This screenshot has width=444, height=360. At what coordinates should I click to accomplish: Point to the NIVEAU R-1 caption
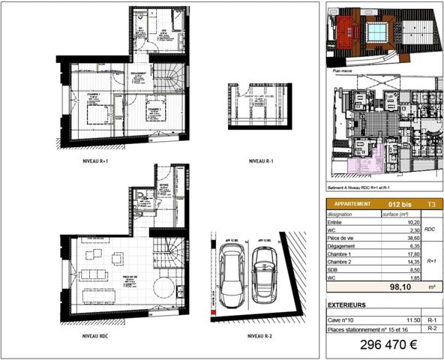261,161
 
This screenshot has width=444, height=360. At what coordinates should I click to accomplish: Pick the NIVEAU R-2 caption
259,336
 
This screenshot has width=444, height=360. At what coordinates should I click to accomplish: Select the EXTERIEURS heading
348,306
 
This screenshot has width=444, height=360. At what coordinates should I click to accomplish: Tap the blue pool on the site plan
375,32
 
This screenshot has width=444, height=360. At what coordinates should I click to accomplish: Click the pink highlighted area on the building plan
367,161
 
